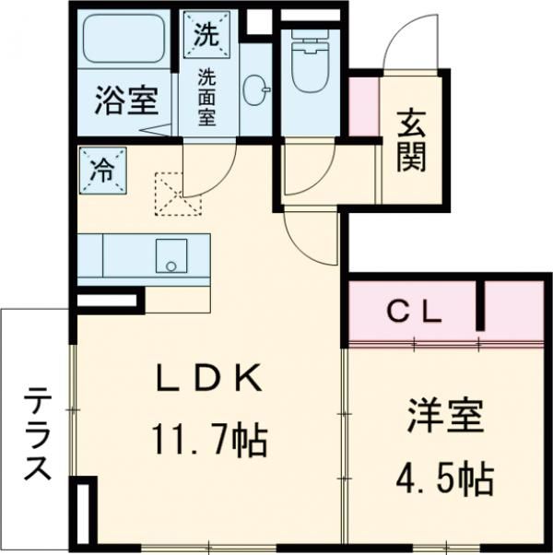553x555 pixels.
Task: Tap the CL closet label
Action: click(413, 312)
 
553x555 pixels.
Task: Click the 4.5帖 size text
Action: click(444, 478)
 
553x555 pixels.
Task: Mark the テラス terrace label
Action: click(38, 433)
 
